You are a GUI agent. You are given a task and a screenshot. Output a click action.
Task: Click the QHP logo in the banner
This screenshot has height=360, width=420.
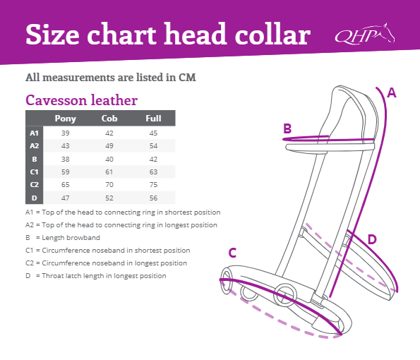coord(365,34)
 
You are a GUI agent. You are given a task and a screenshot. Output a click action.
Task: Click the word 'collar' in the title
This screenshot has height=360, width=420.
coord(272,35)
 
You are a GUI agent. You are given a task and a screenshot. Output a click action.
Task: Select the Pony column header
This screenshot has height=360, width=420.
coord(66,119)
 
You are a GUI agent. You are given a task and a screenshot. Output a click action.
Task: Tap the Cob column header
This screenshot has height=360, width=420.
coord(109,118)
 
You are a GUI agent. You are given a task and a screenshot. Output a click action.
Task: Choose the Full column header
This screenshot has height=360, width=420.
coord(153,118)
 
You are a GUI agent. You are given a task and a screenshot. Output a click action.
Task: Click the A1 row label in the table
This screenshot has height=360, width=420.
coord(35,133)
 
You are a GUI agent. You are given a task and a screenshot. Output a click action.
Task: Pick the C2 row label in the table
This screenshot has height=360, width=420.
coord(35,185)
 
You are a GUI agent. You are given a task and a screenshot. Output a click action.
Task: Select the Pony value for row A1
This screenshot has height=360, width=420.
coord(66,133)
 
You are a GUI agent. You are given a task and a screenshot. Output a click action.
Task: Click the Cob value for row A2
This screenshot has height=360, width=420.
coord(109,146)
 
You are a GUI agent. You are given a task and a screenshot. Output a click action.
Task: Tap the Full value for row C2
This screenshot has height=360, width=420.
coord(153,185)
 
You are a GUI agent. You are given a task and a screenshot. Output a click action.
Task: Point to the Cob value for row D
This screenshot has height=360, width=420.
coord(109,198)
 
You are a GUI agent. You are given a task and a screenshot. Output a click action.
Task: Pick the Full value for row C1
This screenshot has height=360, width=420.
coord(153,172)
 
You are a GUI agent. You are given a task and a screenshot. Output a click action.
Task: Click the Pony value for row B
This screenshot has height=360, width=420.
coord(66,160)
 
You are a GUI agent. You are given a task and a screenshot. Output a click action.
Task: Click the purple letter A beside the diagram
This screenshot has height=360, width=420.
coord(392,92)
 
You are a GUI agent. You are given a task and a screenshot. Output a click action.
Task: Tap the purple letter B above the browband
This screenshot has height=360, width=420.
coord(287,128)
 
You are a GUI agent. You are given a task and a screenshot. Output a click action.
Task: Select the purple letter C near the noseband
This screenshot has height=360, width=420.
coord(232,253)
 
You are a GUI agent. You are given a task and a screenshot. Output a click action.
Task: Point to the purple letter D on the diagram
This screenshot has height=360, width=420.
coord(372,239)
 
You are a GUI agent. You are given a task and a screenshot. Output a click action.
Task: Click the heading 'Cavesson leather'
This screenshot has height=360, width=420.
coord(81,100)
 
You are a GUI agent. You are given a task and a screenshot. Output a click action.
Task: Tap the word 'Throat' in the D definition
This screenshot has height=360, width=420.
coord(52,275)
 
